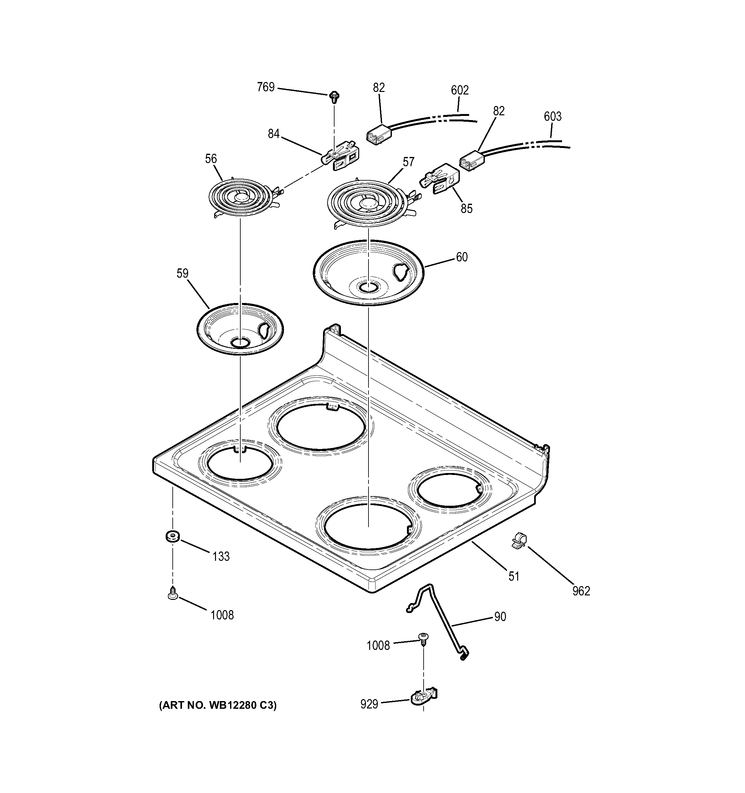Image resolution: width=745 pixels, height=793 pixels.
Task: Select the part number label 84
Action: [x=273, y=134]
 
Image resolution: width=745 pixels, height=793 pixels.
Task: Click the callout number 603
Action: [x=553, y=117]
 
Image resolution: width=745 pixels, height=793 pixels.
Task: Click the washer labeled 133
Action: [x=172, y=536]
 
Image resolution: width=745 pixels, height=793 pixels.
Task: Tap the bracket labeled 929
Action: [x=424, y=696]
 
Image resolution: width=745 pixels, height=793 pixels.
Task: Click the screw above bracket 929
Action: [x=422, y=637]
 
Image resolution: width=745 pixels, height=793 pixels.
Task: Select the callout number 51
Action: [x=514, y=576]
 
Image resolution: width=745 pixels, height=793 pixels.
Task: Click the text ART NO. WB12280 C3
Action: [x=218, y=705]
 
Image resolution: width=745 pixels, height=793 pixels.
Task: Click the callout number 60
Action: [x=462, y=257]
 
